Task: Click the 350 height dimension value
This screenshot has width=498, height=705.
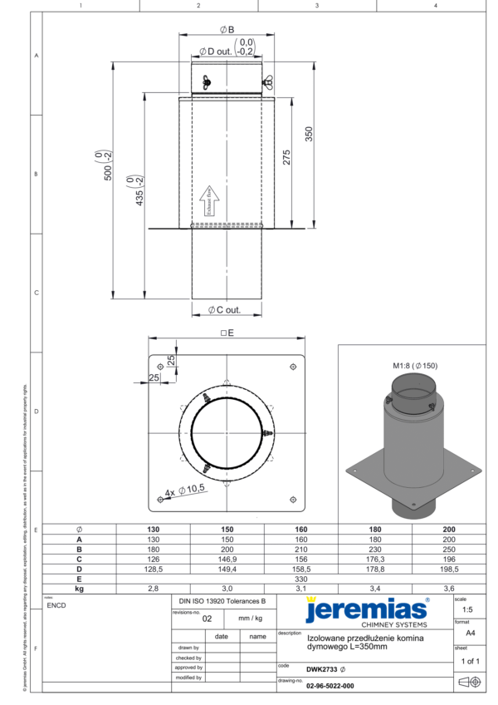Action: (x=309, y=134)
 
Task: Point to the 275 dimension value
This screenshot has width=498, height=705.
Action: (x=286, y=158)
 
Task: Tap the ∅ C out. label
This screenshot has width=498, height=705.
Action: (x=223, y=309)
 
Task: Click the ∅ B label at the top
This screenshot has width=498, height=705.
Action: (x=227, y=29)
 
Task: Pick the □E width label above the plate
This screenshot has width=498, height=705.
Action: (x=227, y=332)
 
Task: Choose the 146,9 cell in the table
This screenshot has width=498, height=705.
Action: (x=227, y=559)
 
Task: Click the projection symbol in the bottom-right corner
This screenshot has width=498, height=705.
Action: (x=470, y=682)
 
